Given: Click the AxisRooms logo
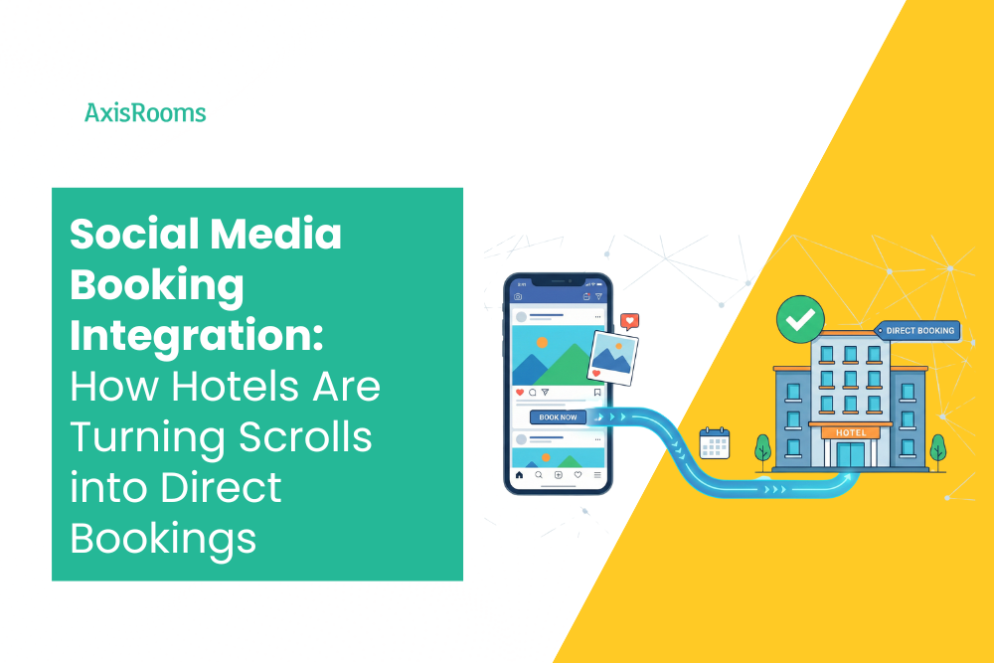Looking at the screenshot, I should pyautogui.click(x=145, y=113).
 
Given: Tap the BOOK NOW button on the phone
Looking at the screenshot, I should pyautogui.click(x=558, y=417).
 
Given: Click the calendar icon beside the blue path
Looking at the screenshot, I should pyautogui.click(x=714, y=443).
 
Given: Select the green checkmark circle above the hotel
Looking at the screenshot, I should pyautogui.click(x=800, y=318).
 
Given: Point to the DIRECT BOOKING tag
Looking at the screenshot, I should pyautogui.click(x=918, y=330).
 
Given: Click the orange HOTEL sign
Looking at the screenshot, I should pyautogui.click(x=850, y=432).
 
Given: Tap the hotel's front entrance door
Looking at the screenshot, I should pyautogui.click(x=850, y=456).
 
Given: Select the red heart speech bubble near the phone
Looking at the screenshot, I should pyautogui.click(x=628, y=322).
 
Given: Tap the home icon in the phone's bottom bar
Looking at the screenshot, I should pyautogui.click(x=519, y=475).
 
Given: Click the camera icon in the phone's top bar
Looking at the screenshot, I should pyautogui.click(x=517, y=297).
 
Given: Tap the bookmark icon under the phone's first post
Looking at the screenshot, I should pyautogui.click(x=597, y=393).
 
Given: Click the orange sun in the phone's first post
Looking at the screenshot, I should pyautogui.click(x=542, y=342).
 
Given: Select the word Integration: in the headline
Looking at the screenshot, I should pyautogui.click(x=196, y=336).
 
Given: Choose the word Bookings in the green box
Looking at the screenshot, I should pyautogui.click(x=163, y=538).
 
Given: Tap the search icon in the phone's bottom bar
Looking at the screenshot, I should pyautogui.click(x=539, y=475).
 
